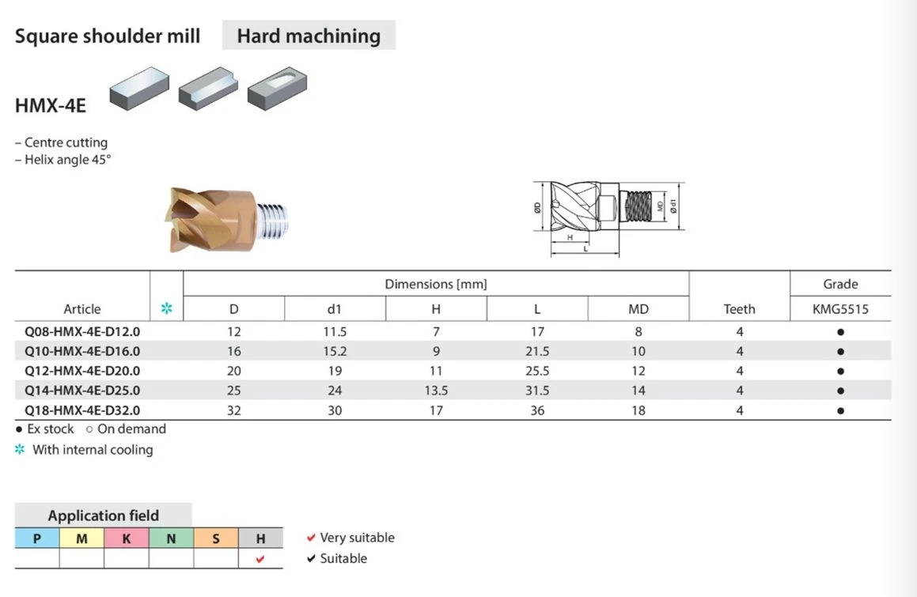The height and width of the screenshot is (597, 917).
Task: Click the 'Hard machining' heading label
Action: [309, 36]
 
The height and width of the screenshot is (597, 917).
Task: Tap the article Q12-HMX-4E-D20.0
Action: [81, 371]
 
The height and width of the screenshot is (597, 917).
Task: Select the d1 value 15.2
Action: [335, 351]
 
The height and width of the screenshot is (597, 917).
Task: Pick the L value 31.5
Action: [537, 390]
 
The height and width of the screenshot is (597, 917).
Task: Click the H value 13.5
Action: [436, 390]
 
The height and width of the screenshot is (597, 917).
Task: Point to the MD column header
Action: [638, 308]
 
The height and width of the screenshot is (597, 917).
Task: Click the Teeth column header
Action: [739, 308]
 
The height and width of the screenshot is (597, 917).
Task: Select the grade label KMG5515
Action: [840, 308]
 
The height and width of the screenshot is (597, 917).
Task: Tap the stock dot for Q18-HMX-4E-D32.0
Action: [840, 410]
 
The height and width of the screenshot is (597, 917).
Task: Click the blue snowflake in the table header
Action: [167, 308]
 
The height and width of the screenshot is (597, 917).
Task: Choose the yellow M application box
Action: [81, 538]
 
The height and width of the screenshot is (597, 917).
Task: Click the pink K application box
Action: [127, 538]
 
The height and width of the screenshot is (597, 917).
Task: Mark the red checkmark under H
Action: [260, 559]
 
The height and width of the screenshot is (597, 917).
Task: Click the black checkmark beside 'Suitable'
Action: [311, 558]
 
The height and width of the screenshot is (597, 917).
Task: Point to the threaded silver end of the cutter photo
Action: [272, 221]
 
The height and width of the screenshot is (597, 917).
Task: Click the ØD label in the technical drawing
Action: [537, 207]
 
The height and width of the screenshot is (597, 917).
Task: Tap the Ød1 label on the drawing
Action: [673, 206]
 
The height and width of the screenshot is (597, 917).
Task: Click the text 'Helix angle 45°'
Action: [67, 160]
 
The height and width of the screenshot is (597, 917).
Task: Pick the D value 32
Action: [234, 410]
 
